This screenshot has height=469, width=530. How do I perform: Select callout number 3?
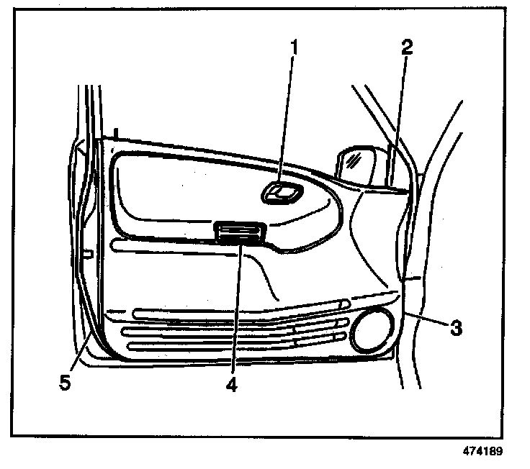tap(455, 329)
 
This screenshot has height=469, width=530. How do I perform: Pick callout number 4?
tap(230, 385)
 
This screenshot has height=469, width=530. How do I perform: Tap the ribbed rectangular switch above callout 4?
tap(241, 233)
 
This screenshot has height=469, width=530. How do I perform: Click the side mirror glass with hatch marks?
tap(354, 163)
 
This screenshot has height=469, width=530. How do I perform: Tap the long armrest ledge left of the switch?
tap(162, 246)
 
